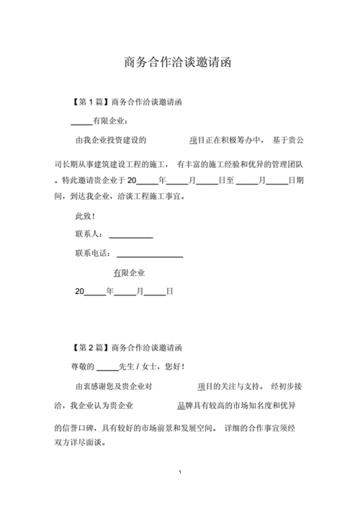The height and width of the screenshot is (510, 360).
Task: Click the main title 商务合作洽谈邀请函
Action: tap(179, 63)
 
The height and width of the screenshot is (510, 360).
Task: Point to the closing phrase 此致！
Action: tap(85, 216)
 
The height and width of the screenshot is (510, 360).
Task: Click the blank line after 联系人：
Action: tap(130, 236)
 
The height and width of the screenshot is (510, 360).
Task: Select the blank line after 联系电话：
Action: tap(149, 255)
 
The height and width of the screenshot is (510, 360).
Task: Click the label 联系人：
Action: tap(89, 235)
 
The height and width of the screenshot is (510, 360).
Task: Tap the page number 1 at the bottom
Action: tap(179, 473)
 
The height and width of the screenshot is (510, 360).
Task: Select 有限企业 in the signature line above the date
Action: tap(129, 273)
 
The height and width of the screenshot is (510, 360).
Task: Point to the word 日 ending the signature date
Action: tap(170, 292)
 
